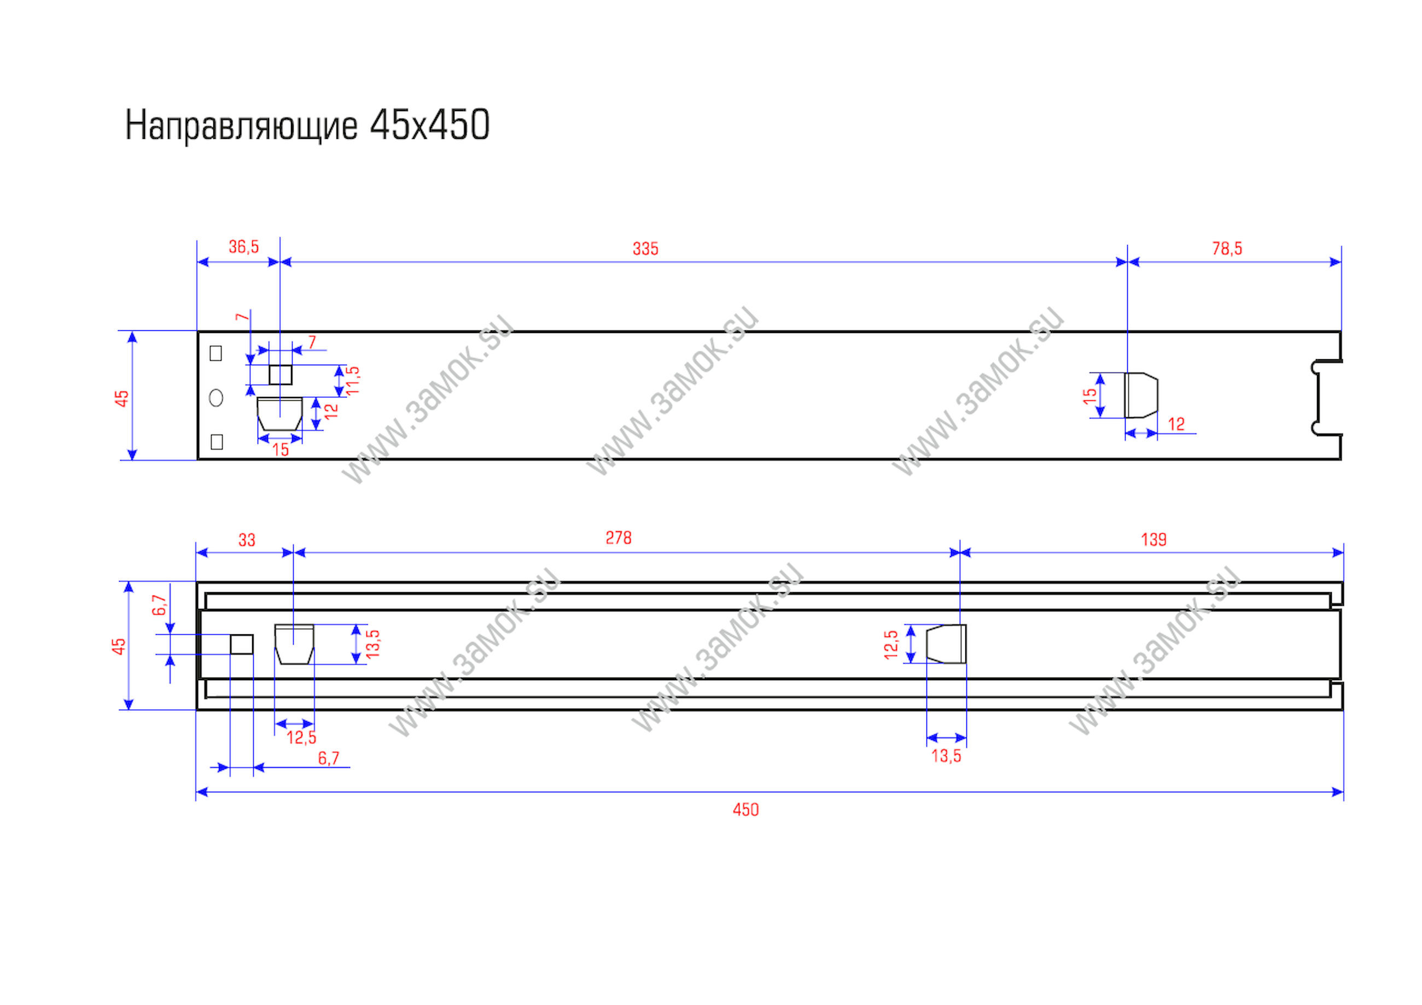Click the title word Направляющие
241,126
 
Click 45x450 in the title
429,125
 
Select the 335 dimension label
645,249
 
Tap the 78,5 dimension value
1227,248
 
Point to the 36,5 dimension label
243,247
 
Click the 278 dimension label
618,538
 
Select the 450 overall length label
745,809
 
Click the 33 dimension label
247,540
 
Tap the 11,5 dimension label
353,380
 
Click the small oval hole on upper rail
216,398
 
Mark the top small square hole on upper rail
215,353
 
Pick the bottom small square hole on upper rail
216,441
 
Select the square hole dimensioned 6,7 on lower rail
242,644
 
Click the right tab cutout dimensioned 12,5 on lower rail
946,644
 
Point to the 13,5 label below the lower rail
946,756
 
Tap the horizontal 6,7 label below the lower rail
328,758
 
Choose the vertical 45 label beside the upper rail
122,398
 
